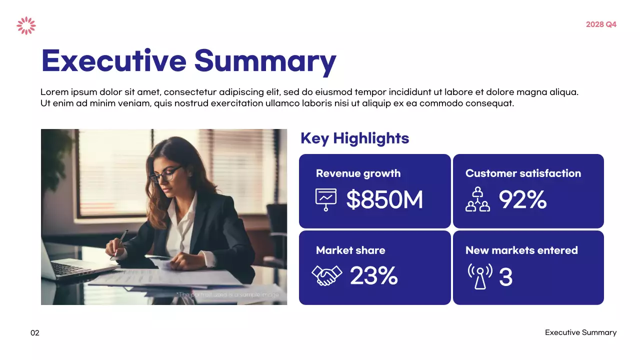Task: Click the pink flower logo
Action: pyautogui.click(x=26, y=25)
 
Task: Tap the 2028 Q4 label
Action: pyautogui.click(x=601, y=24)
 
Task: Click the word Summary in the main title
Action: pyautogui.click(x=265, y=60)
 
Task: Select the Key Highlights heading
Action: pyautogui.click(x=354, y=138)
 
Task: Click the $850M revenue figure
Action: pyautogui.click(x=384, y=200)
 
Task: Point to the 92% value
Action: pyautogui.click(x=522, y=200)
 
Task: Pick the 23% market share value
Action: pyautogui.click(x=373, y=276)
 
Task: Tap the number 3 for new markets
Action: pyautogui.click(x=505, y=277)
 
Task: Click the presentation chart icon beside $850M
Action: pyautogui.click(x=326, y=199)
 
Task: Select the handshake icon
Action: pyautogui.click(x=326, y=275)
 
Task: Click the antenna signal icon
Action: pyautogui.click(x=480, y=276)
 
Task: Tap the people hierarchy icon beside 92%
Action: pyautogui.click(x=477, y=199)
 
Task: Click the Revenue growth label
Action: pyautogui.click(x=358, y=173)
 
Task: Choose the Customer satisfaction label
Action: pyautogui.click(x=523, y=173)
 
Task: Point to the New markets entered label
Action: pyautogui.click(x=521, y=250)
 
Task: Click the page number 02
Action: pyautogui.click(x=35, y=333)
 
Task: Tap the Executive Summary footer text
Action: pyautogui.click(x=580, y=332)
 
